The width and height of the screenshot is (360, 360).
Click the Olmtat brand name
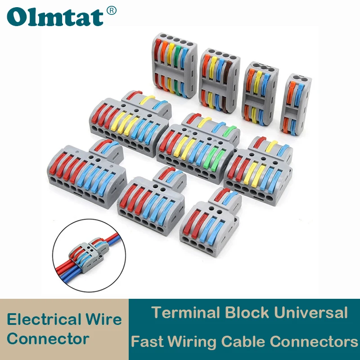(x=55, y=17)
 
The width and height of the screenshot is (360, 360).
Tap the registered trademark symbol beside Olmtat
(x=112, y=10)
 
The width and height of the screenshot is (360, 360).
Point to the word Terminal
(x=184, y=312)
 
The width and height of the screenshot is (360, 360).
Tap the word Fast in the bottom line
(x=145, y=342)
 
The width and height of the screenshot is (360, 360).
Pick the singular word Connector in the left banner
(x=48, y=338)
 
